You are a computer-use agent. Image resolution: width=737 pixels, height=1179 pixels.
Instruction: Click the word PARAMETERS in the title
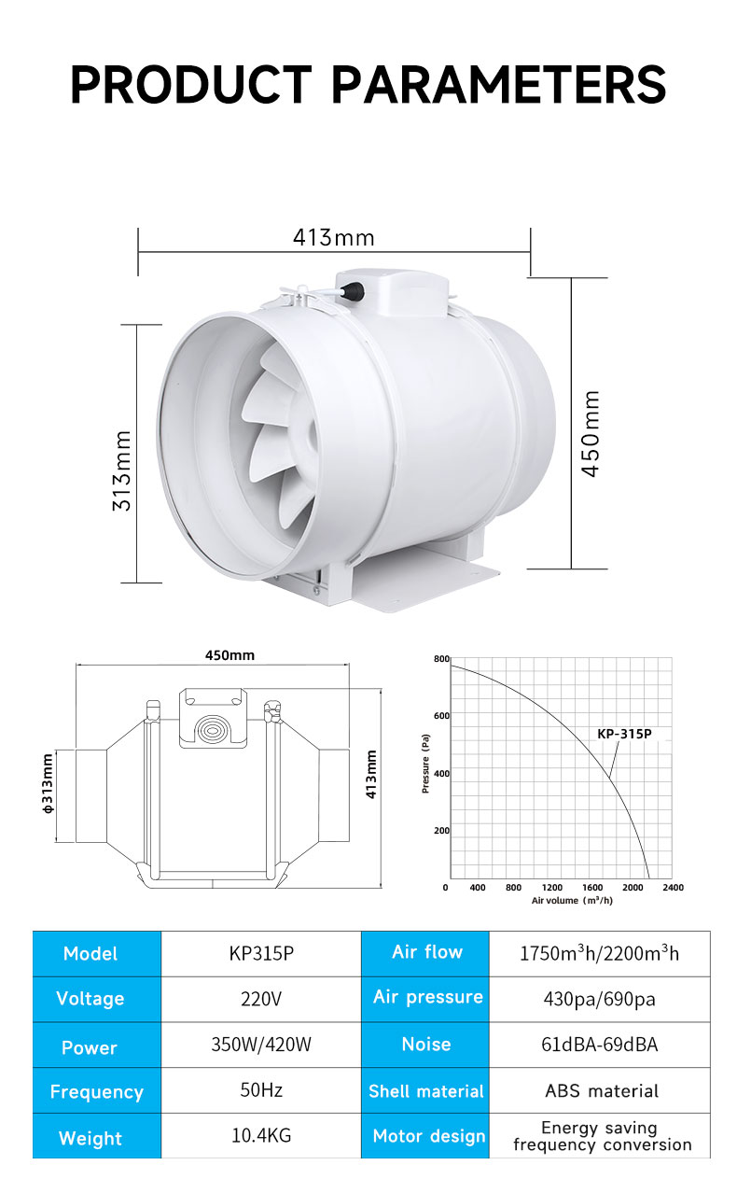499,84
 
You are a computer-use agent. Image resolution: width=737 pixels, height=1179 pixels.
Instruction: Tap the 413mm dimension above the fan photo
334,238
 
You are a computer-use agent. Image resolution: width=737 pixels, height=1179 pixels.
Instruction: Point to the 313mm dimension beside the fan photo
121,470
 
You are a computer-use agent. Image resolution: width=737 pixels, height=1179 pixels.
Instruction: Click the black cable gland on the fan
352,290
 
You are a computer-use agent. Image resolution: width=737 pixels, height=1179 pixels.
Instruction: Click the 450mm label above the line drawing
229,655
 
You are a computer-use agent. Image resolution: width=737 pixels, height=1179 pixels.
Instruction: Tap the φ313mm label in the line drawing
48,784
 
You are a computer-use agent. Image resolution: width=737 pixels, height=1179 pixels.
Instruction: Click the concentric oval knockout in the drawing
213,730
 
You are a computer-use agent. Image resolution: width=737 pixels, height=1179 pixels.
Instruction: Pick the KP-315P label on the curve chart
624,734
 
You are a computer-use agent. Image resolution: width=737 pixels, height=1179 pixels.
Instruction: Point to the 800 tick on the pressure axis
441,659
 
